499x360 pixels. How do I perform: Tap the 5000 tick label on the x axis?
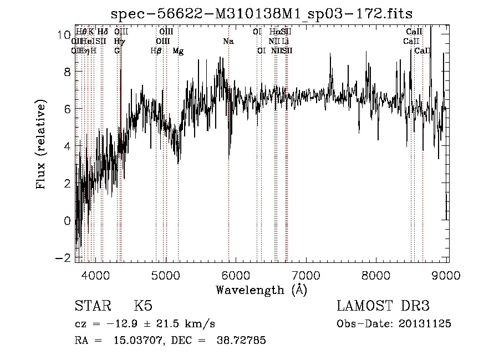[166, 275]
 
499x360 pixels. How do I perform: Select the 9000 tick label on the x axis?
[447, 275]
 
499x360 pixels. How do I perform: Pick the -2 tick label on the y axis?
[63, 258]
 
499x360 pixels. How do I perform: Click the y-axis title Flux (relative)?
[41, 145]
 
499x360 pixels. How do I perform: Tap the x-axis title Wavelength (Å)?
[261, 290]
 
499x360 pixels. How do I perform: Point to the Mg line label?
[178, 51]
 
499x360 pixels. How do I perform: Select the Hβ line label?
[156, 51]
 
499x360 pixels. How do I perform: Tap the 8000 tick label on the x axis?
[376, 275]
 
